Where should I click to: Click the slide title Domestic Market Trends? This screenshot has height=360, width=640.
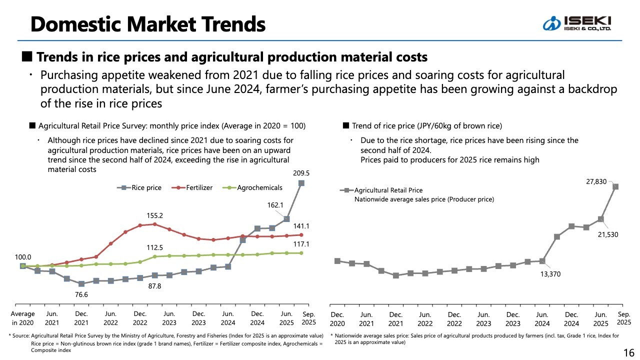pyautogui.click(x=147, y=23)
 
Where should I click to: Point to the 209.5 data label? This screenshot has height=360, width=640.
pyautogui.click(x=301, y=173)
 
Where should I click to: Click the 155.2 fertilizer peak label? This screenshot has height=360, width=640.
pyautogui.click(x=155, y=215)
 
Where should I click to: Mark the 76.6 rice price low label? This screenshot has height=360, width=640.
pyautogui.click(x=81, y=295)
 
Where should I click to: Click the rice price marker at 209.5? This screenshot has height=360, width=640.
pyautogui.click(x=301, y=183)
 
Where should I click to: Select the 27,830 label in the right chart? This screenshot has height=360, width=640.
pyautogui.click(x=596, y=182)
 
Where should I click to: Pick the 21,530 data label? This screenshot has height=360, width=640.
pyautogui.click(x=608, y=234)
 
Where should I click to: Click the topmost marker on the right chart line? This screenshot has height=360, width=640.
pyautogui.click(x=615, y=186)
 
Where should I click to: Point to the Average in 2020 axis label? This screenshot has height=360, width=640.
pyautogui.click(x=23, y=318)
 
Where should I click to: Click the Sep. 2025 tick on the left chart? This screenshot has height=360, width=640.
pyautogui.click(x=308, y=317)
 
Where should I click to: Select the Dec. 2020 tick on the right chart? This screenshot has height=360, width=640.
pyautogui.click(x=337, y=318)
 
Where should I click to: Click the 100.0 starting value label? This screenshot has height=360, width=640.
pyautogui.click(x=22, y=256)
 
